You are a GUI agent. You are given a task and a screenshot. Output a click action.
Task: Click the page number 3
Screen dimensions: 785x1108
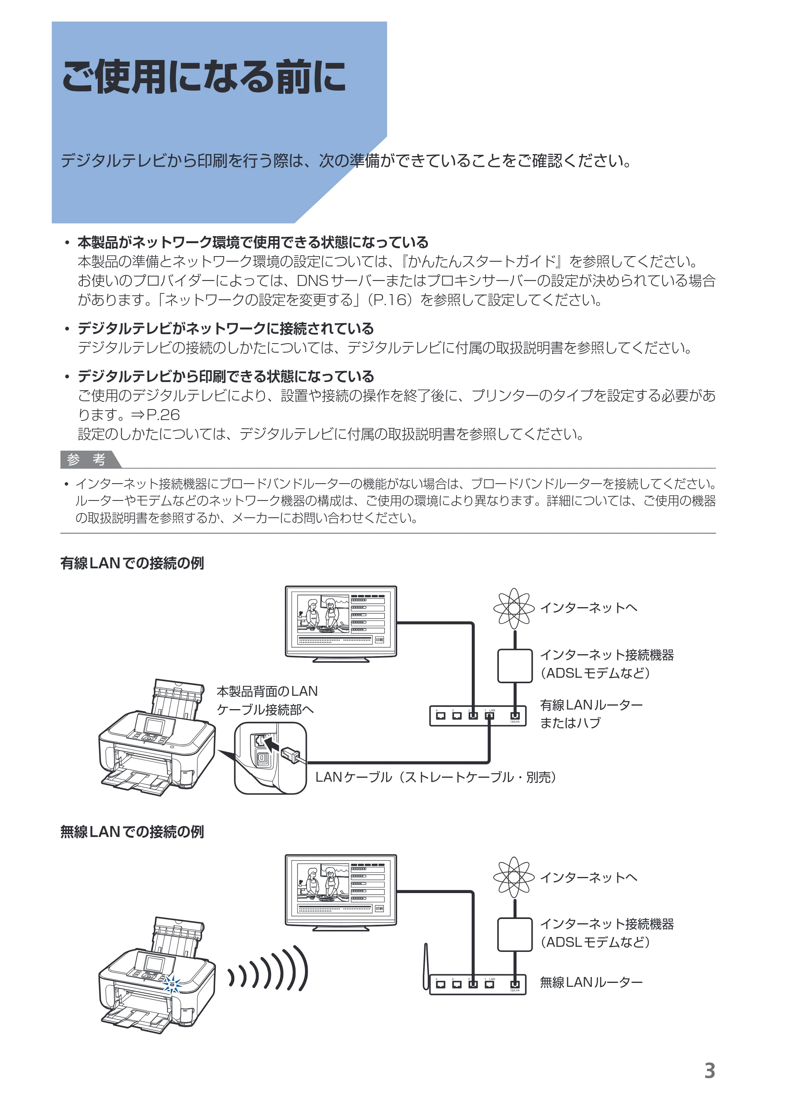pos(709,1070)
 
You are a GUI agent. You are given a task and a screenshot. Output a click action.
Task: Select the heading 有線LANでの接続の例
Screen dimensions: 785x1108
pos(132,563)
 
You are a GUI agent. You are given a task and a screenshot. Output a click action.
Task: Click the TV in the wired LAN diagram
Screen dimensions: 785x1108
pos(341,624)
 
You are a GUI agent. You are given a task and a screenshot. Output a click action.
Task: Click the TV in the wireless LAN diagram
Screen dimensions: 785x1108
pos(341,892)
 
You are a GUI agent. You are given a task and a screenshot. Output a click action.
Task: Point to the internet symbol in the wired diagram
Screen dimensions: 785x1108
pos(514,608)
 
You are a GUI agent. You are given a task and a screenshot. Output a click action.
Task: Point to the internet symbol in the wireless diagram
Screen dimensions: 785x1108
pos(514,877)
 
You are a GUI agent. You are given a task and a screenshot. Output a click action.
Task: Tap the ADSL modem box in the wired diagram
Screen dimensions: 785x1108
pos(515,666)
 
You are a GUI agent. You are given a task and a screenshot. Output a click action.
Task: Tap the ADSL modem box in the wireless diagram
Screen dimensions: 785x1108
pos(515,934)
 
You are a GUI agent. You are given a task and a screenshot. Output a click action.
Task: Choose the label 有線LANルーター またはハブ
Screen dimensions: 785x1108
pos(591,714)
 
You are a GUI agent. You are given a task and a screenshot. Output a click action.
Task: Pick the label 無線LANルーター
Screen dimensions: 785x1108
pos(591,982)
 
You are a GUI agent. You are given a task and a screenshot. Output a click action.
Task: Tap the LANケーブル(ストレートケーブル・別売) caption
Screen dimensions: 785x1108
pos(436,777)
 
